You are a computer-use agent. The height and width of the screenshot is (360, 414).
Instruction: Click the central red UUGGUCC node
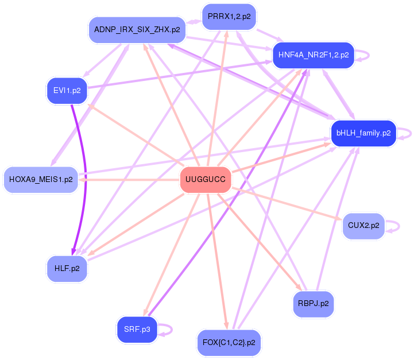point(206,180)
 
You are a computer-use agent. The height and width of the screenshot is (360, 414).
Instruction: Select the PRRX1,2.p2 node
point(229,17)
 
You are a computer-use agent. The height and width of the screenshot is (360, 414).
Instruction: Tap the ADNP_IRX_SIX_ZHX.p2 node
point(137,29)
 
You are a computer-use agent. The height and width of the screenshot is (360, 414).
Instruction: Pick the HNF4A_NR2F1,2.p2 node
point(313,55)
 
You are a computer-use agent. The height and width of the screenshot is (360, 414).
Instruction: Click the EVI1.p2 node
point(67,91)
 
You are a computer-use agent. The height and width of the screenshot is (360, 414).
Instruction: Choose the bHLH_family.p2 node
point(363,133)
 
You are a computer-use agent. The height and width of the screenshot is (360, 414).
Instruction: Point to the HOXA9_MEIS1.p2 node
point(41,180)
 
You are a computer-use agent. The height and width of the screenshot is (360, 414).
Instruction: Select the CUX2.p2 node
point(363,226)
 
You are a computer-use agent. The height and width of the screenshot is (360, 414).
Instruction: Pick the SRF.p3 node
point(137,330)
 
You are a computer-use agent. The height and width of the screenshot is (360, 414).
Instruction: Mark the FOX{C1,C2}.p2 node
point(229,343)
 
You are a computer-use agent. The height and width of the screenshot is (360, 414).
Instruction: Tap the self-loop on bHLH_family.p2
point(407,133)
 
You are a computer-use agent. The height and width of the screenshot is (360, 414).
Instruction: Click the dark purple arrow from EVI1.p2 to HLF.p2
point(84,172)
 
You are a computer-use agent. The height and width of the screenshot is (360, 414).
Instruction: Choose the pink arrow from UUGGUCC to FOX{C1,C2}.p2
point(218,264)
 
